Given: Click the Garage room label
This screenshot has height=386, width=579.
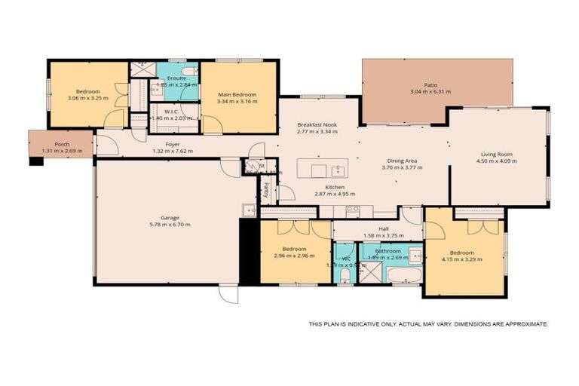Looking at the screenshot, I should [170, 217].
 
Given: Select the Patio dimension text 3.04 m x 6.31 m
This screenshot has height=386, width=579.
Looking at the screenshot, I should [430, 92].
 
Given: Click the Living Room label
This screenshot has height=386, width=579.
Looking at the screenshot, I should [497, 154].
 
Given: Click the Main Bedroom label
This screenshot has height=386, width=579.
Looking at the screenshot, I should [237, 94].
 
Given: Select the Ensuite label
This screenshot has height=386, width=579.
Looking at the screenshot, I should [177, 78].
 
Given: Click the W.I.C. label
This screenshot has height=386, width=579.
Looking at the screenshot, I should [164, 111].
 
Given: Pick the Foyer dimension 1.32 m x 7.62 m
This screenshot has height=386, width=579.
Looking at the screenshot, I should [173, 151].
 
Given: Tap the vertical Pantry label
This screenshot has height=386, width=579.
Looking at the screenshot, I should [266, 189].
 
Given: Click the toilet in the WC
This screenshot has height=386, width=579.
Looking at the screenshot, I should [345, 275].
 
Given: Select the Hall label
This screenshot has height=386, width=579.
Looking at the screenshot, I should [384, 228].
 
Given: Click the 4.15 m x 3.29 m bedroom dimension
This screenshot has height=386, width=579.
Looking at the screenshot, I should [461, 259].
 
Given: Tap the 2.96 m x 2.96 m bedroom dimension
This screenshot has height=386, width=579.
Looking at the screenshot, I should [294, 256].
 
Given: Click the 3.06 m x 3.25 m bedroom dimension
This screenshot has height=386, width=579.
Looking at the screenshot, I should [87, 98].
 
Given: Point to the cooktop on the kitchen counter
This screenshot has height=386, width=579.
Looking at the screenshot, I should [353, 210].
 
